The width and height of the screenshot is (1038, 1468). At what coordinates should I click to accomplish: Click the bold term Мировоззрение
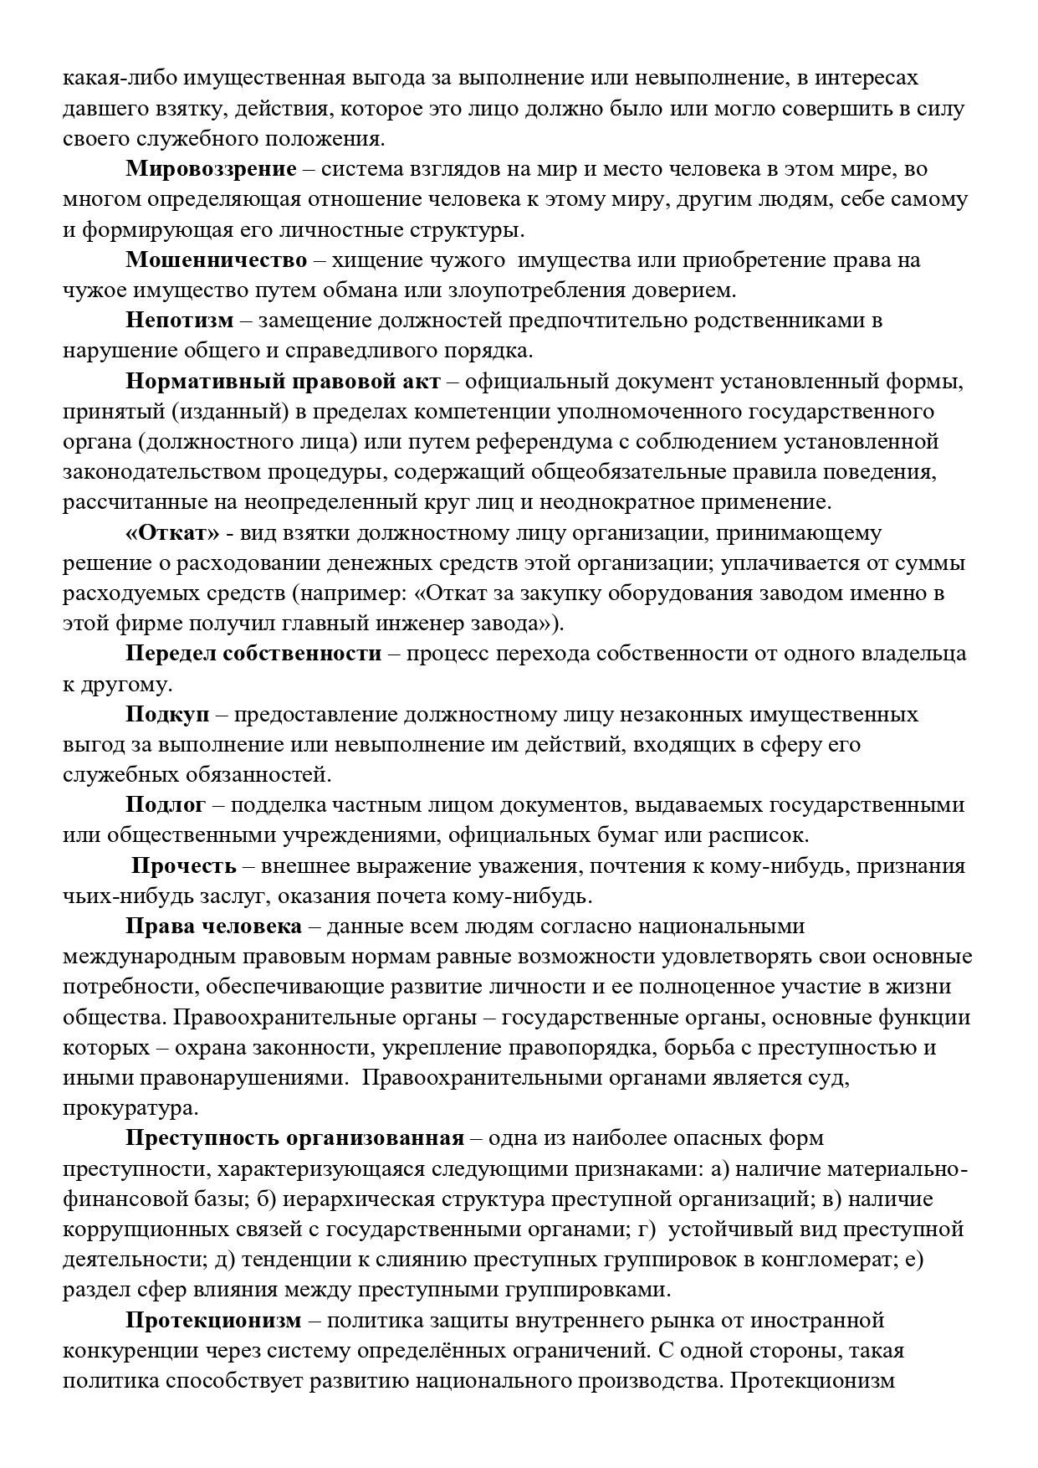211,169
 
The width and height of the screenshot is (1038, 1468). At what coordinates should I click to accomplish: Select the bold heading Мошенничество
217,259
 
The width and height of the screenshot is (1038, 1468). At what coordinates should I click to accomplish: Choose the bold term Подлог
166,805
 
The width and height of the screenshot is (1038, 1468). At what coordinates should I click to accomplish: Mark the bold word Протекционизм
212,1320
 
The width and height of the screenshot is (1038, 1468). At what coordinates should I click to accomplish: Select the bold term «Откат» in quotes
173,532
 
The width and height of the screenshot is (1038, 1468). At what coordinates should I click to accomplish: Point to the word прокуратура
130,1108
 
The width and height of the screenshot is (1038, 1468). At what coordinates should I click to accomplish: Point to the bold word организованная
374,1138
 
